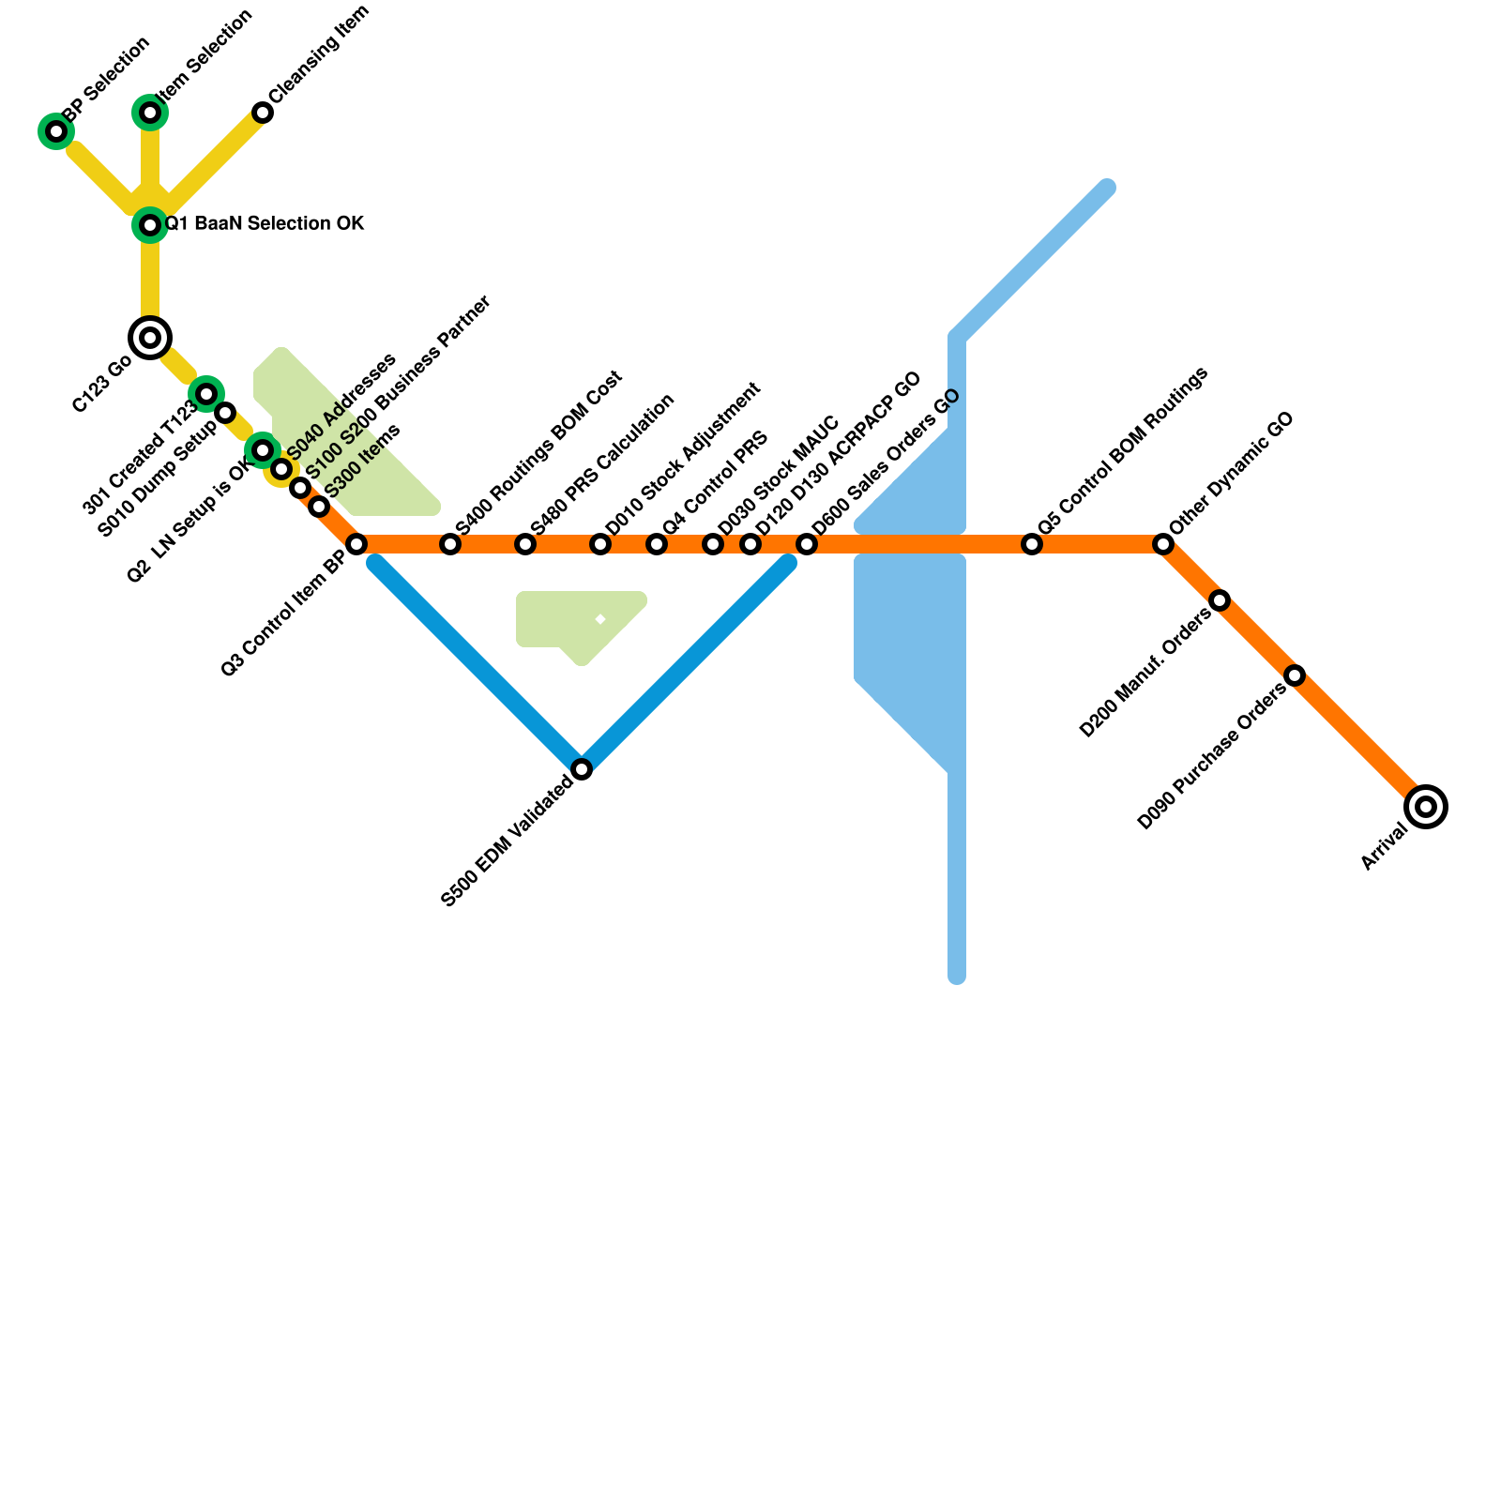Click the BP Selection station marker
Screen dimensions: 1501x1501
[x=56, y=131]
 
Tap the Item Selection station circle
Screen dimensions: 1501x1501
[x=150, y=113]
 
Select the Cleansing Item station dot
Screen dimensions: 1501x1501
[x=263, y=113]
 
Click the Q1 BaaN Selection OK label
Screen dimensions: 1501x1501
[x=265, y=224]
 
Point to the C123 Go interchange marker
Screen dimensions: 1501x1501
[x=150, y=338]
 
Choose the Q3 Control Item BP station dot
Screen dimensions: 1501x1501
[x=356, y=544]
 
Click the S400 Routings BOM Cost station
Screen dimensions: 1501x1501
[x=450, y=544]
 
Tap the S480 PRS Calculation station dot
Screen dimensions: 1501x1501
[x=525, y=544]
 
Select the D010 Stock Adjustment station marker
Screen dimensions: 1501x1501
[x=600, y=544]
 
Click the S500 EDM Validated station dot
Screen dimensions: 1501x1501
[x=582, y=769]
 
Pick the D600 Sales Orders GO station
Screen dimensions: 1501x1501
[x=807, y=544]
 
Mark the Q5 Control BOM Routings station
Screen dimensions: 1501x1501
[x=1032, y=544]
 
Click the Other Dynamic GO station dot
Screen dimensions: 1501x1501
[x=1163, y=544]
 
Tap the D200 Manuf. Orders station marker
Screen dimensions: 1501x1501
[x=1220, y=600]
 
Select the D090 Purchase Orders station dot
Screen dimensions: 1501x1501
[x=1295, y=675]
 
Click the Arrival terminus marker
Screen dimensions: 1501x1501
[x=1426, y=807]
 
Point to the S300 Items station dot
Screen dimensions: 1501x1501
[x=319, y=507]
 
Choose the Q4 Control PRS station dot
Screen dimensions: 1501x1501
[x=657, y=544]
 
